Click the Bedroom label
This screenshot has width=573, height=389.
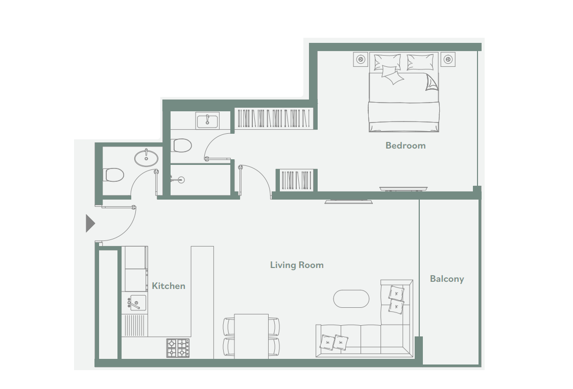[405, 145]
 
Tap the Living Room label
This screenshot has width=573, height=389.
[297, 265]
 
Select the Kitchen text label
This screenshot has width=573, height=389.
[169, 286]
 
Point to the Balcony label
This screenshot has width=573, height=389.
[447, 279]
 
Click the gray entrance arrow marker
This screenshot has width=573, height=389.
[90, 223]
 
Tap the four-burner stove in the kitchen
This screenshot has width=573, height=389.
[178, 348]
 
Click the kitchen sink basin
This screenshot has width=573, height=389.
[137, 303]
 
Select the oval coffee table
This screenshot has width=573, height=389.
[351, 299]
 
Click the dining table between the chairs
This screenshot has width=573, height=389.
[251, 336]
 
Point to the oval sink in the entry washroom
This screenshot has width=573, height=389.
[147, 158]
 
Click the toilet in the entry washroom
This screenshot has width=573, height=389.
[114, 175]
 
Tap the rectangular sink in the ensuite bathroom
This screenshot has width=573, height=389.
[208, 120]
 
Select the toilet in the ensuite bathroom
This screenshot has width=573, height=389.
[181, 145]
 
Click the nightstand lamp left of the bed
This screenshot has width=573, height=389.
[361, 59]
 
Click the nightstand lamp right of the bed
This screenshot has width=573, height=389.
[448, 59]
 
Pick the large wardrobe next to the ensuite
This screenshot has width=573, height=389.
[274, 118]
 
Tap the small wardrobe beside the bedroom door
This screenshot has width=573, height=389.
[296, 180]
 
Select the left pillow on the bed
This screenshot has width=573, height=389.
[387, 62]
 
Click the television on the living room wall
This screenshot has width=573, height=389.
[349, 201]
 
